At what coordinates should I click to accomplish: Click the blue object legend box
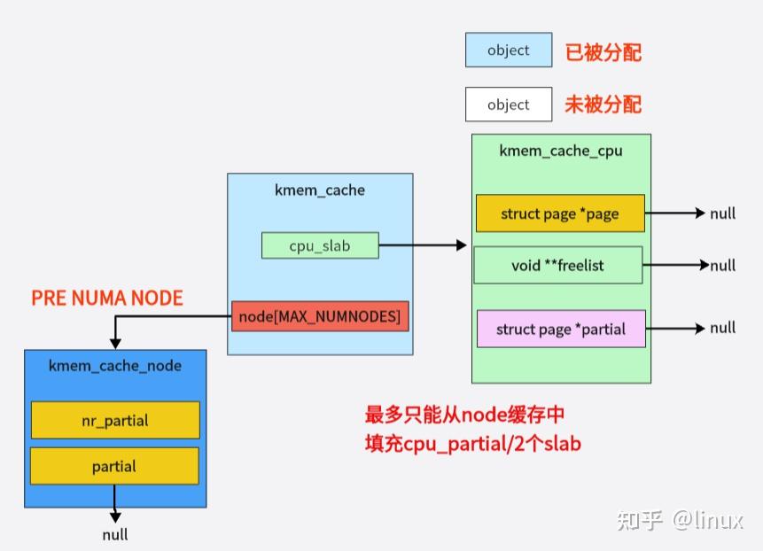[x=508, y=50]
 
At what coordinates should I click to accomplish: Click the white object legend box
[x=508, y=105]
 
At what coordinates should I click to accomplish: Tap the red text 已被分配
[x=603, y=51]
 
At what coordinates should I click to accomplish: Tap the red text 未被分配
[x=603, y=105]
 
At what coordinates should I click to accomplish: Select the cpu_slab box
[x=320, y=245]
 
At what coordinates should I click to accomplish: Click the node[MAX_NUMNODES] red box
[x=320, y=316]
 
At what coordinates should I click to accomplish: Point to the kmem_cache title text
[x=320, y=190]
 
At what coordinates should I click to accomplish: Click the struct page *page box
[x=559, y=213]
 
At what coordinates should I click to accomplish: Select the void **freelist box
[x=557, y=265]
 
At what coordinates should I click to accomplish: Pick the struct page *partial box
[x=560, y=329]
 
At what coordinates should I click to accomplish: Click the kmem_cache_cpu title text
[x=560, y=151]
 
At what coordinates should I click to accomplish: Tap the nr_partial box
[x=114, y=420]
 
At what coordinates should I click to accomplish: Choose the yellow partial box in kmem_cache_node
[x=114, y=466]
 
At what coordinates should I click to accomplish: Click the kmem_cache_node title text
[x=114, y=365]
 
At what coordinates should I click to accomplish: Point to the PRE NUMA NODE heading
[x=107, y=298]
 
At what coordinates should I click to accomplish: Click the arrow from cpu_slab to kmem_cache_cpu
[x=422, y=245]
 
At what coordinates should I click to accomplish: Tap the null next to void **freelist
[x=722, y=265]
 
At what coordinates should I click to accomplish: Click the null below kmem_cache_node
[x=114, y=534]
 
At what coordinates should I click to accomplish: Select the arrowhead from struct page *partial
[x=700, y=329]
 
